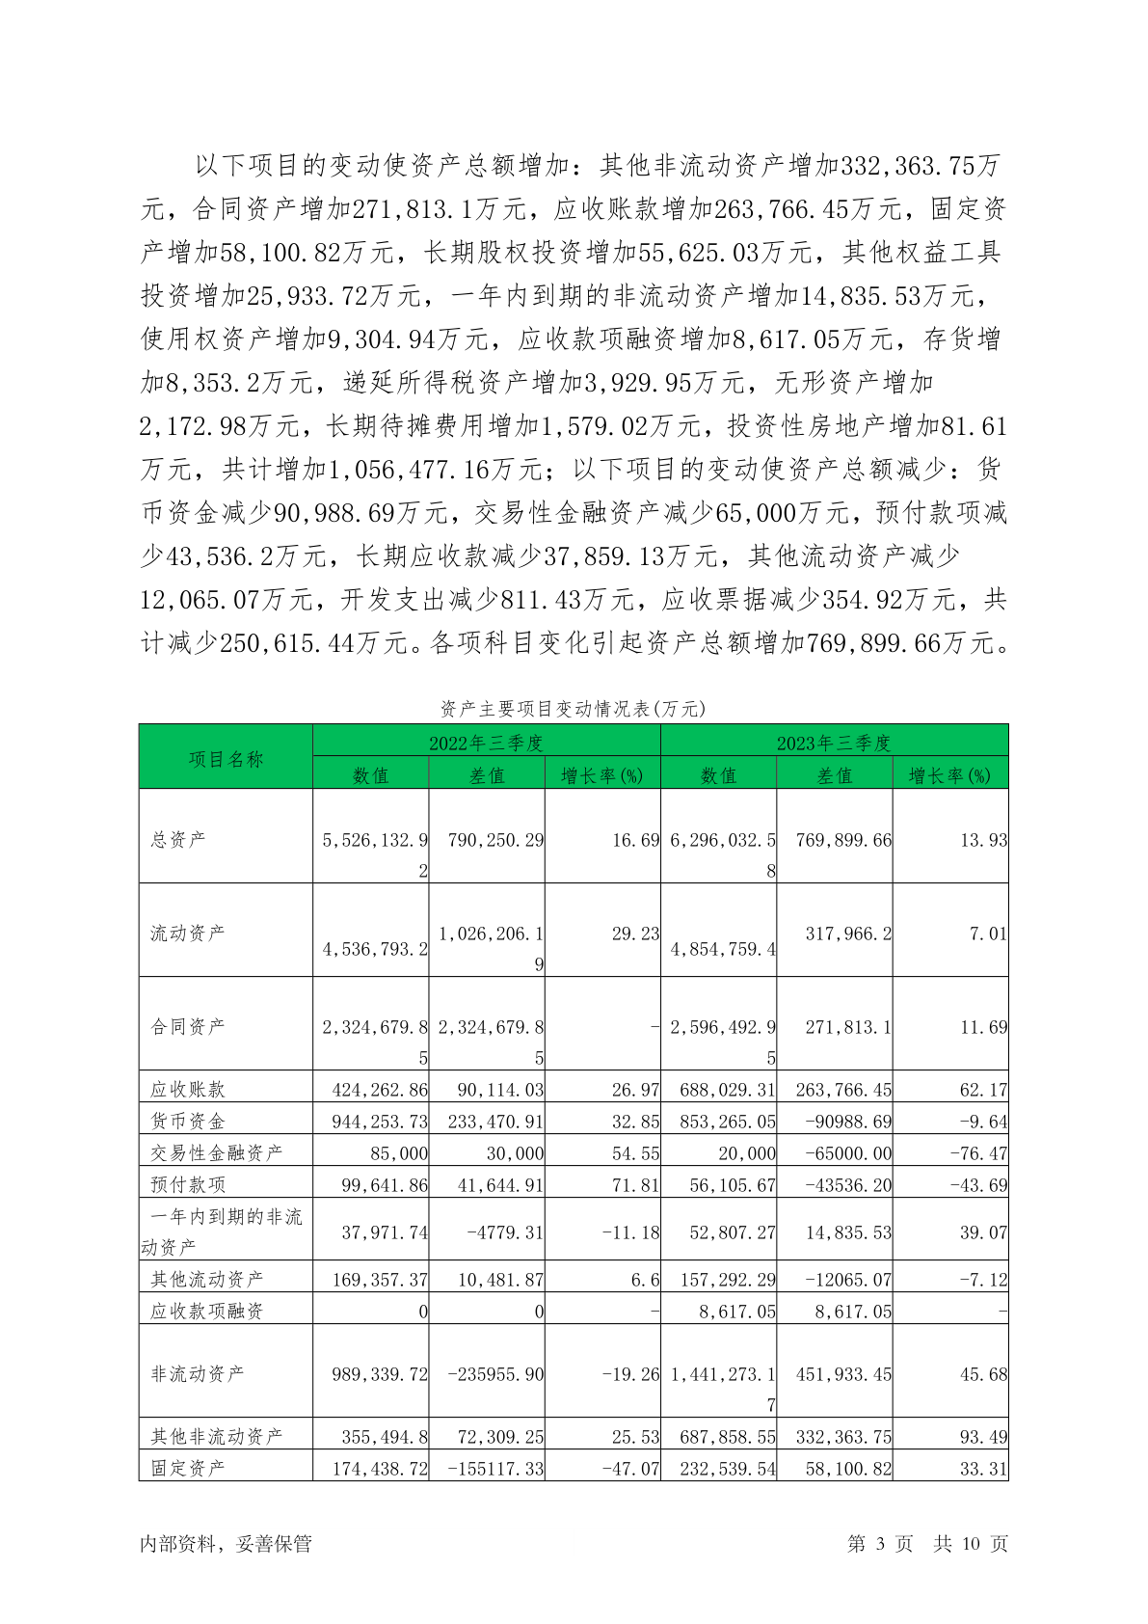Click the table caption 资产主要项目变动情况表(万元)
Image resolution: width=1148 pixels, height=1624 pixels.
pos(573,709)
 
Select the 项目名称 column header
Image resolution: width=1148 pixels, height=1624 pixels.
pos(226,759)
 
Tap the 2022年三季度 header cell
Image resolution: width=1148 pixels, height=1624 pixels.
pos(486,743)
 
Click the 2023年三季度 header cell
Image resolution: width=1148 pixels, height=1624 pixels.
pos(834,743)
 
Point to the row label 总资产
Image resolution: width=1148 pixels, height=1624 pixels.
pos(178,839)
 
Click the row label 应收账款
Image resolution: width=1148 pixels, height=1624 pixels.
pos(188,1089)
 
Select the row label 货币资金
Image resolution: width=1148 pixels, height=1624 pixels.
pos(188,1121)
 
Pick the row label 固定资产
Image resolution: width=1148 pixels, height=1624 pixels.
pos(188,1467)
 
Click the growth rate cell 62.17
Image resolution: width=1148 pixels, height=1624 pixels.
pos(983,1090)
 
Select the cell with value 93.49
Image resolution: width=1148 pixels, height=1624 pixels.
pos(983,1437)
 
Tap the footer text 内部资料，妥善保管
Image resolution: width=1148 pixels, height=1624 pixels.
pos(226,1543)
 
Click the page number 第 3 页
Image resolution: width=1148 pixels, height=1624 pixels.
pos(879,1543)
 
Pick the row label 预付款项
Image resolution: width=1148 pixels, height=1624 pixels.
pos(188,1184)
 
